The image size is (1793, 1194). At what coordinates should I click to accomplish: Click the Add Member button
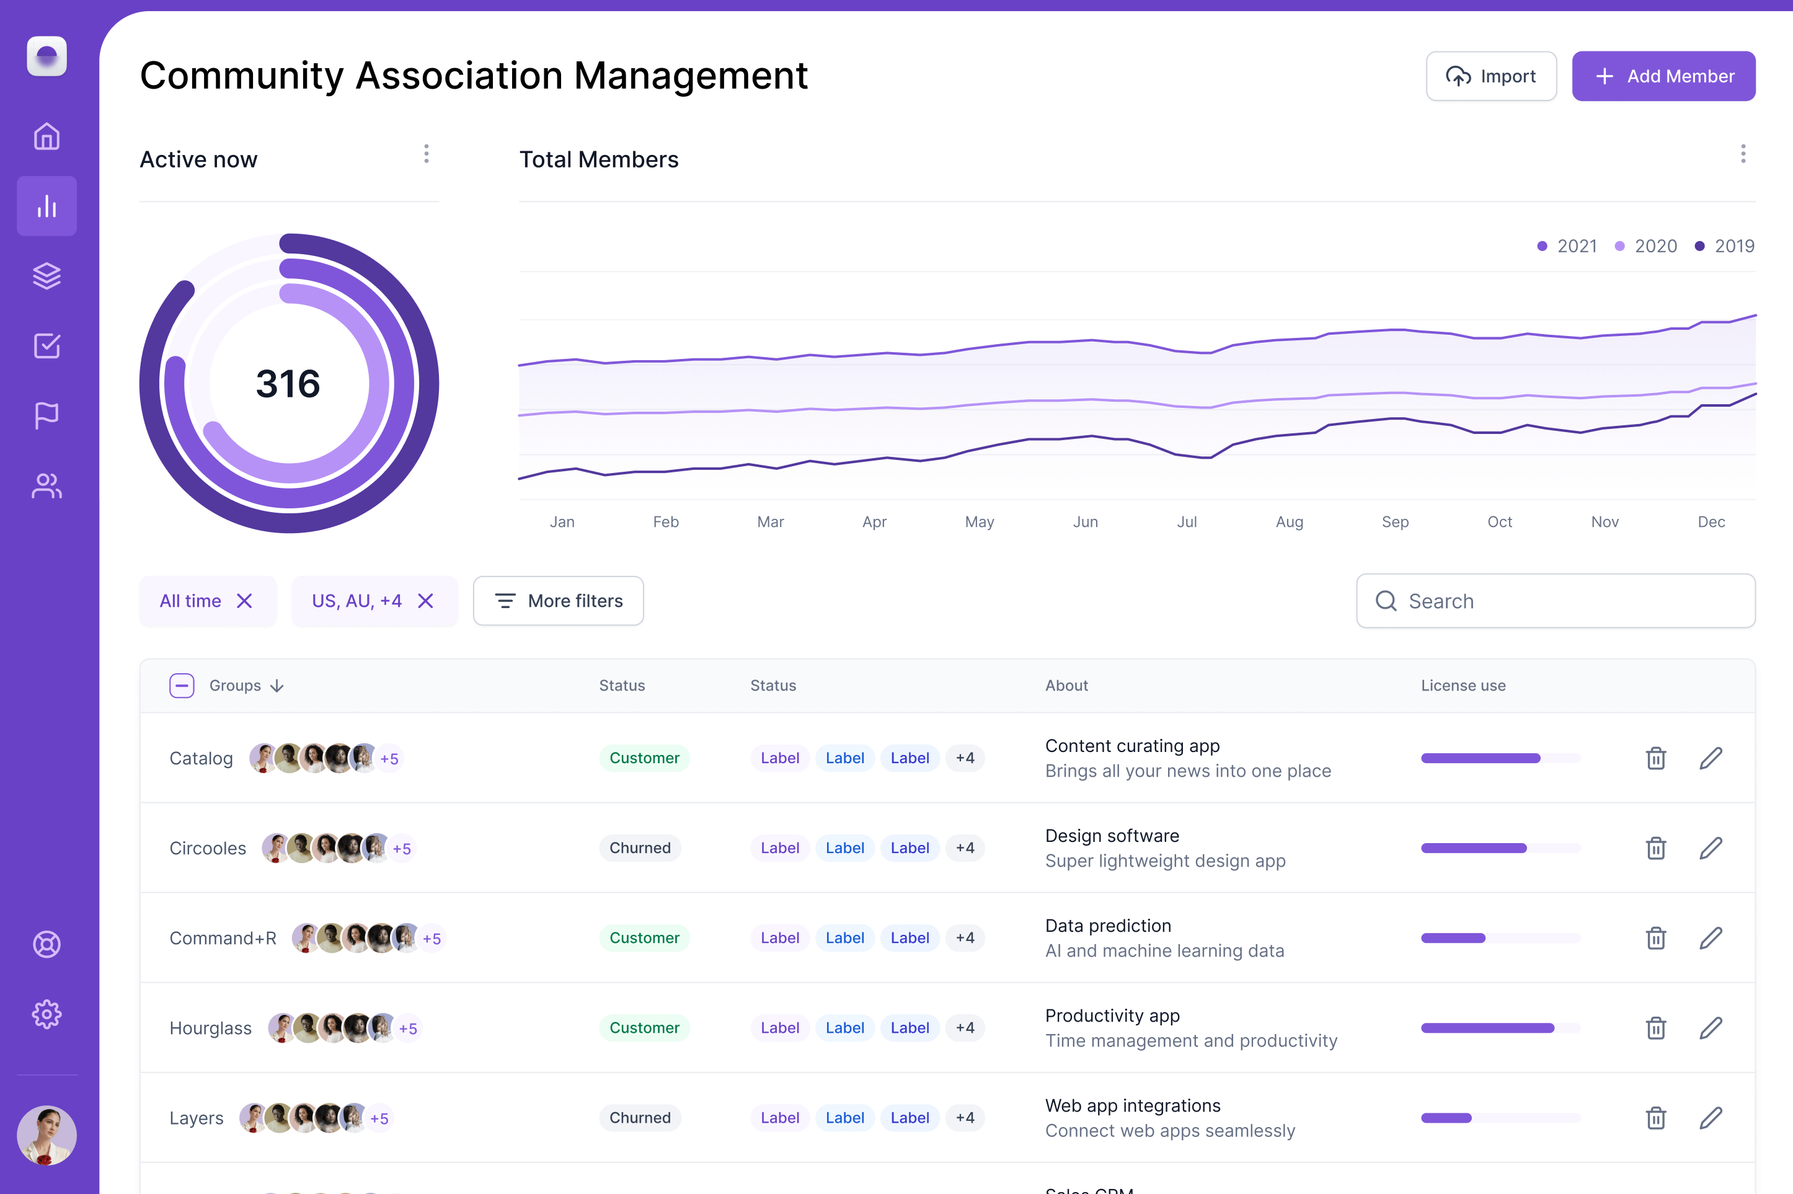click(1663, 76)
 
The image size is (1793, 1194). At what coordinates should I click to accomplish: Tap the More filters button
click(558, 601)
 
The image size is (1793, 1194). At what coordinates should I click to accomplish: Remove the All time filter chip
click(244, 601)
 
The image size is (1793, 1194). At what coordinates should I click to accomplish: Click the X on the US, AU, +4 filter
click(425, 601)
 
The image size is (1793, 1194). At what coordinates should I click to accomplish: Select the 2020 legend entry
click(1646, 246)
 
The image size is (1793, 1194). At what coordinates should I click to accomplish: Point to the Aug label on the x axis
click(1289, 521)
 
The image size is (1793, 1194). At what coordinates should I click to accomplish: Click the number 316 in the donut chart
click(288, 383)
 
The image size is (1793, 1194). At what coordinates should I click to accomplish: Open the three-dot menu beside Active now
click(427, 154)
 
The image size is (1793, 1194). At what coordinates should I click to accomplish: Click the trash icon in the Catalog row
click(1655, 758)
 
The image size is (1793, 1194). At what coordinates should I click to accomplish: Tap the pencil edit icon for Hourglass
click(1710, 1027)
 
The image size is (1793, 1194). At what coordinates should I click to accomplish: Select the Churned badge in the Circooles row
click(640, 847)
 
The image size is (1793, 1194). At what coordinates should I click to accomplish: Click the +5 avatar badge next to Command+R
click(432, 938)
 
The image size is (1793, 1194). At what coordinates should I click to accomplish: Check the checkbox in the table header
click(182, 685)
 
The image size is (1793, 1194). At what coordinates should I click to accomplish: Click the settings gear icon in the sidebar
click(46, 1014)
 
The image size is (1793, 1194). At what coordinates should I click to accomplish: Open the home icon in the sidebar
click(46, 136)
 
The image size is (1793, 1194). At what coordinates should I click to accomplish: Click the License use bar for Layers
click(1500, 1117)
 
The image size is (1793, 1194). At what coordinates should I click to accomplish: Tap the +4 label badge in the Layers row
click(965, 1117)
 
